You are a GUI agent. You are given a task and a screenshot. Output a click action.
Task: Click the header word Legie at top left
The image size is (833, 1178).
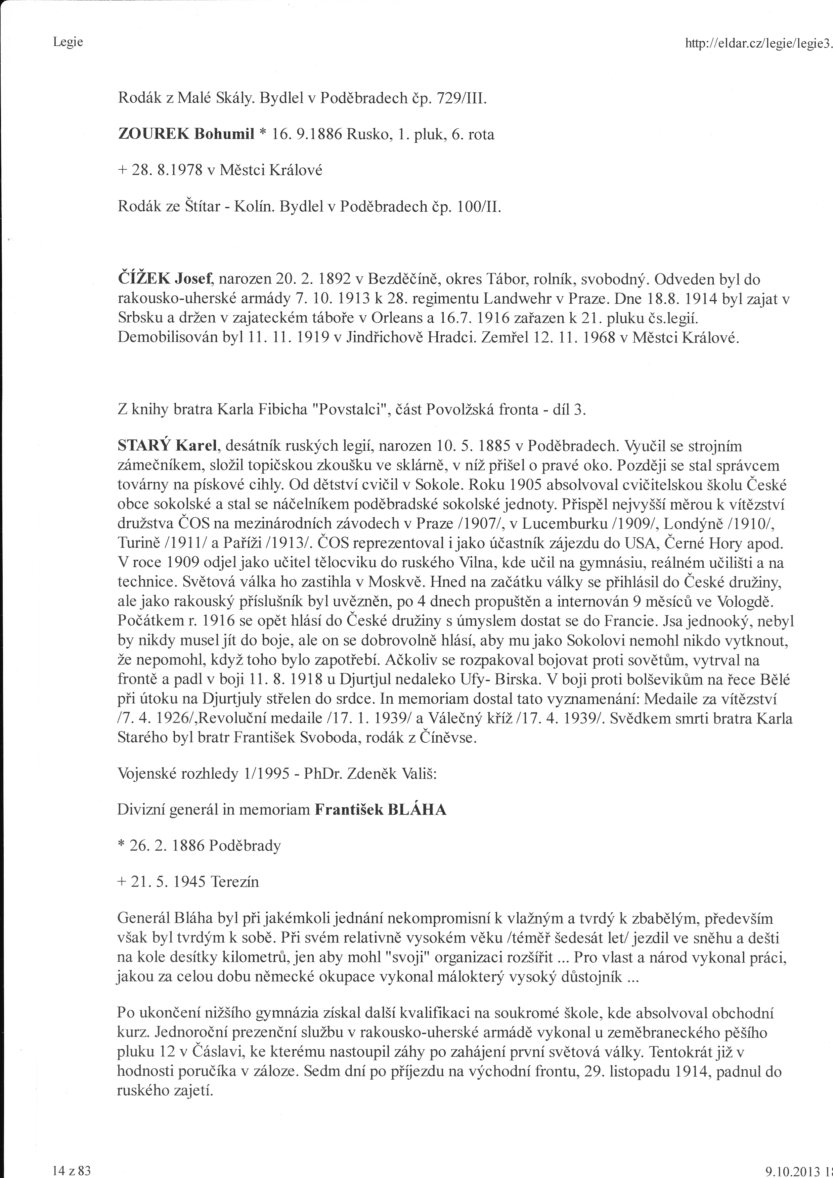(x=68, y=42)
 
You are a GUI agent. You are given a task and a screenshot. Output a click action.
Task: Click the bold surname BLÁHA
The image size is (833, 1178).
(x=418, y=810)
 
